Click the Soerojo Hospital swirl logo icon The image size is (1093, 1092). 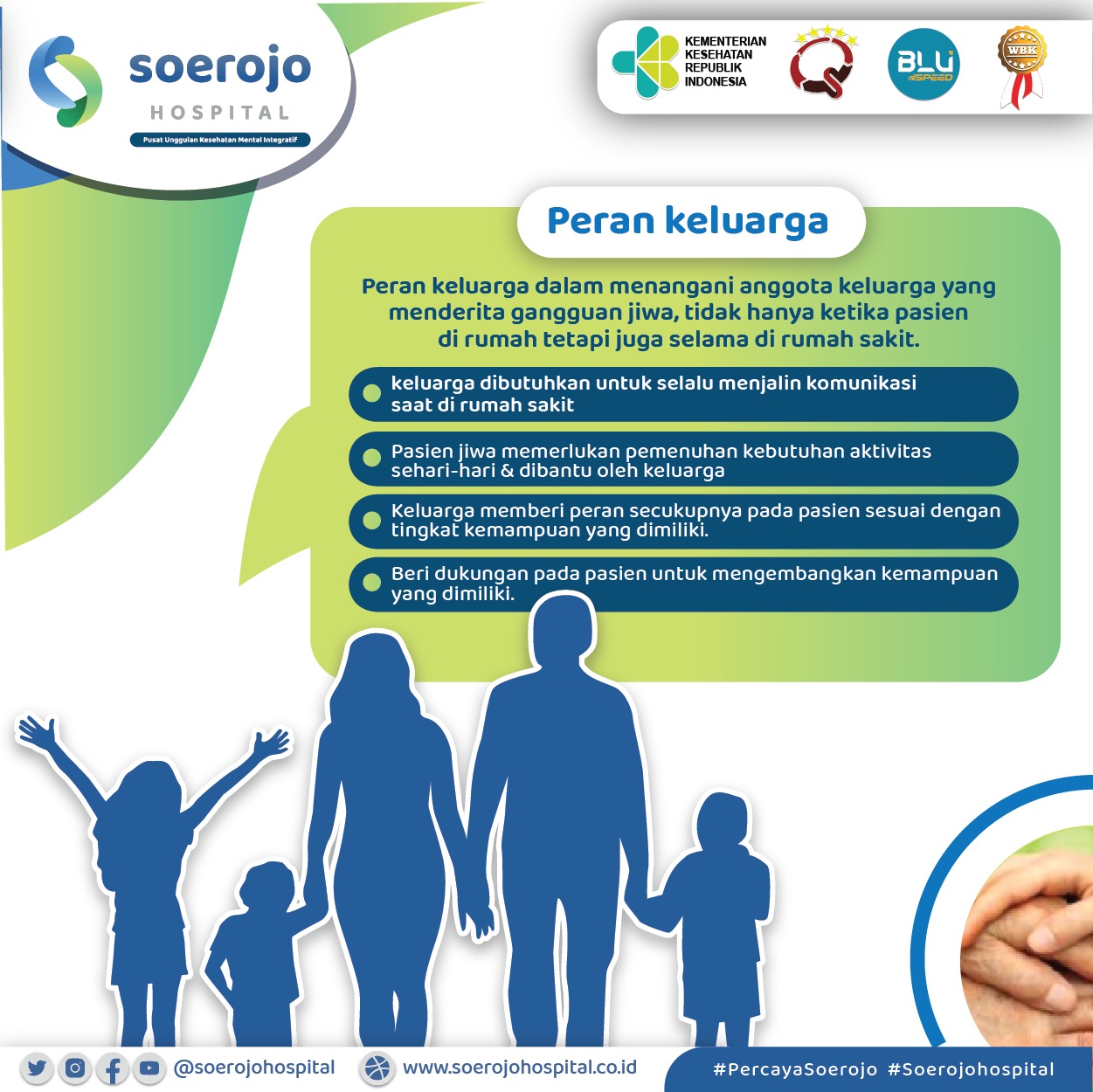(x=66, y=81)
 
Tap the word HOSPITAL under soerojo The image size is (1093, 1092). (x=220, y=113)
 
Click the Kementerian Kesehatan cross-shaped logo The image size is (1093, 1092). (x=646, y=62)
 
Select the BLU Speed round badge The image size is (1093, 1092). (x=924, y=65)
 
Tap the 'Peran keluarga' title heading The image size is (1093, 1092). (x=688, y=221)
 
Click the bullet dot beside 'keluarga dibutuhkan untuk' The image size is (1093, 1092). (x=371, y=393)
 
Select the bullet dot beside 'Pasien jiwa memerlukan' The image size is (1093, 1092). (x=371, y=458)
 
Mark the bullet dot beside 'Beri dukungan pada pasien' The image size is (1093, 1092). (x=371, y=582)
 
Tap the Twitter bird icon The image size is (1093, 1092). (x=37, y=1068)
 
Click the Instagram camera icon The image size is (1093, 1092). (x=75, y=1068)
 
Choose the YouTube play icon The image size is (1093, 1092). (x=149, y=1068)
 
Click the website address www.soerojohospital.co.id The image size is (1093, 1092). (x=520, y=1067)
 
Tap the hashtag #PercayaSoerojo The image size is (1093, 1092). (x=795, y=1069)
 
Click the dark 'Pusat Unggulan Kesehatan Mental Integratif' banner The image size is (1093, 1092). (x=220, y=140)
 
